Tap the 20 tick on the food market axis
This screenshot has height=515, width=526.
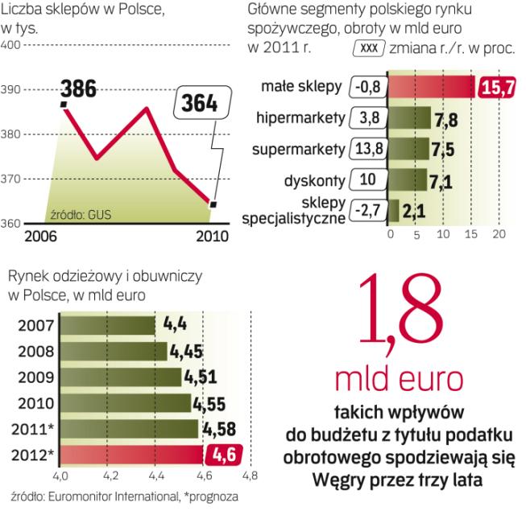click(499, 234)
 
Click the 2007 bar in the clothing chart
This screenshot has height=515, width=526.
click(108, 325)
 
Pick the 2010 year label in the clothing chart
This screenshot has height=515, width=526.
click(35, 403)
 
